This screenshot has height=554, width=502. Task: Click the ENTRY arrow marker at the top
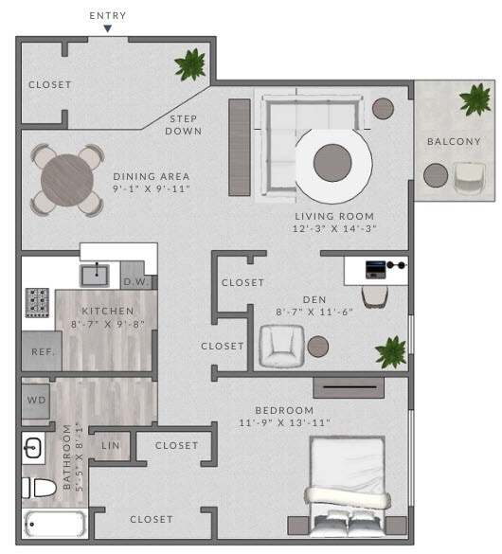108,28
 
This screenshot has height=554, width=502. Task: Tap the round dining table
67,177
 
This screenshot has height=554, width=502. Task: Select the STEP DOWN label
185,125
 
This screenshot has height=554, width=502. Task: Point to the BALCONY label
454,142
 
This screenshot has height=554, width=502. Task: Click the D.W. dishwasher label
134,281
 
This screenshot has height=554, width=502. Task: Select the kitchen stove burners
38,302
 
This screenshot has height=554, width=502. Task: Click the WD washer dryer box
36,400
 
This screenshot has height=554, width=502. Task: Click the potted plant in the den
390,351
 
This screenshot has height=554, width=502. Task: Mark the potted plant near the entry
190,64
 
